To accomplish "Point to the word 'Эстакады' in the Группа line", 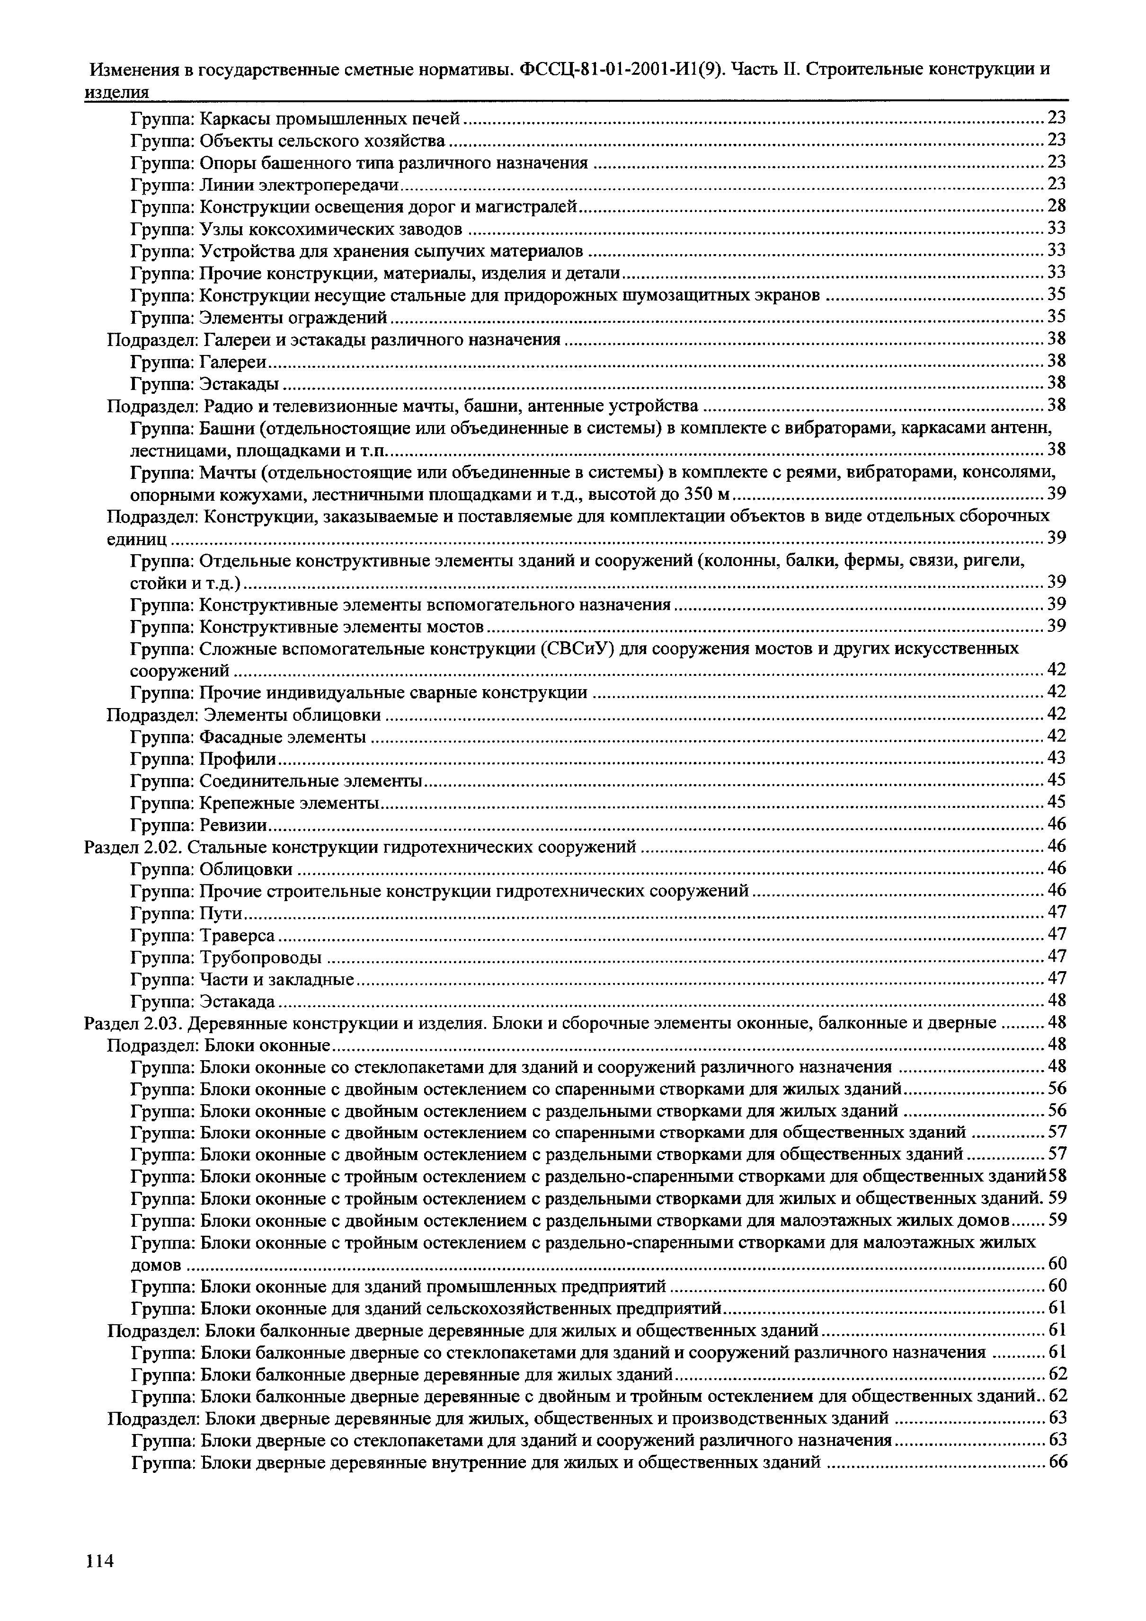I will (240, 383).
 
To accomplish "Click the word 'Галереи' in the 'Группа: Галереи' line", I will (233, 362).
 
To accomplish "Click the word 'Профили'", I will (238, 758).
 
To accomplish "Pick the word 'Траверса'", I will (237, 935).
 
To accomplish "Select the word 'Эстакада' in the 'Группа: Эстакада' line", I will (237, 1001).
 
